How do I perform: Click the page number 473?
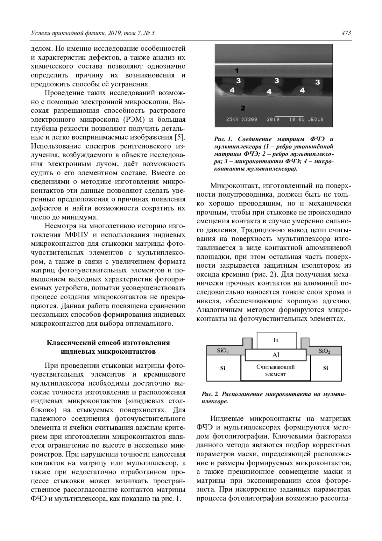coord(346,33)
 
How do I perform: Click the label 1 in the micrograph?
coord(237,70)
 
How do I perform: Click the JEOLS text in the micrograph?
coord(316,119)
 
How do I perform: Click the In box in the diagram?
coord(276,340)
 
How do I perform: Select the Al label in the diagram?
coord(276,355)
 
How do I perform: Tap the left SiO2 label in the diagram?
coord(223,351)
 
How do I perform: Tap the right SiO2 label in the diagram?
coord(324,351)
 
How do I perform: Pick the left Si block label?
coord(223,368)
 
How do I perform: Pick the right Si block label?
coord(326,368)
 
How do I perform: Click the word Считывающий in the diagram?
coord(276,367)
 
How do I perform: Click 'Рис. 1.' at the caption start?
coord(224,139)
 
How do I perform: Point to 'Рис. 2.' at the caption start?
coord(210,394)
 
